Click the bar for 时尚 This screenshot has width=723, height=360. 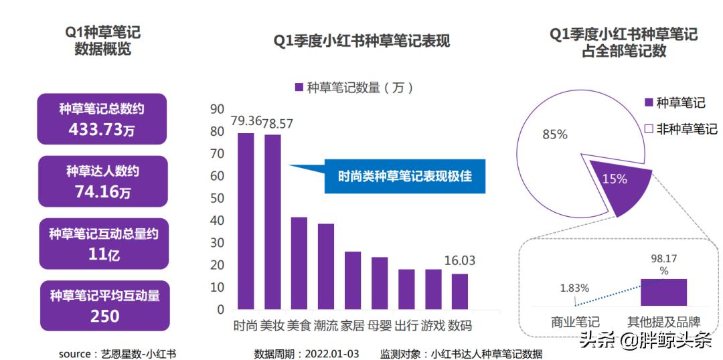point(246,221)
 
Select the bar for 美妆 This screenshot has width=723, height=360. point(272,222)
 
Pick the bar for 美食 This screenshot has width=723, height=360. point(299,263)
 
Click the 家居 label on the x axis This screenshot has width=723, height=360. point(353,326)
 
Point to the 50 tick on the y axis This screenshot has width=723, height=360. point(216,198)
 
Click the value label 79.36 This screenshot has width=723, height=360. point(246,122)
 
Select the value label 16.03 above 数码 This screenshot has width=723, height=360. point(460,261)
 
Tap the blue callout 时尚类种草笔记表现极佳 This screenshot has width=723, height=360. point(404,177)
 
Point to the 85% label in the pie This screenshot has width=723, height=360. point(554,134)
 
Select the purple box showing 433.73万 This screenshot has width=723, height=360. point(101,119)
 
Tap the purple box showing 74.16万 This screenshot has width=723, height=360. point(102,181)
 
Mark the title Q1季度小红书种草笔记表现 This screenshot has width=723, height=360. point(361,41)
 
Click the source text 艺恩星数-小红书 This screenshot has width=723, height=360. point(137,353)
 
